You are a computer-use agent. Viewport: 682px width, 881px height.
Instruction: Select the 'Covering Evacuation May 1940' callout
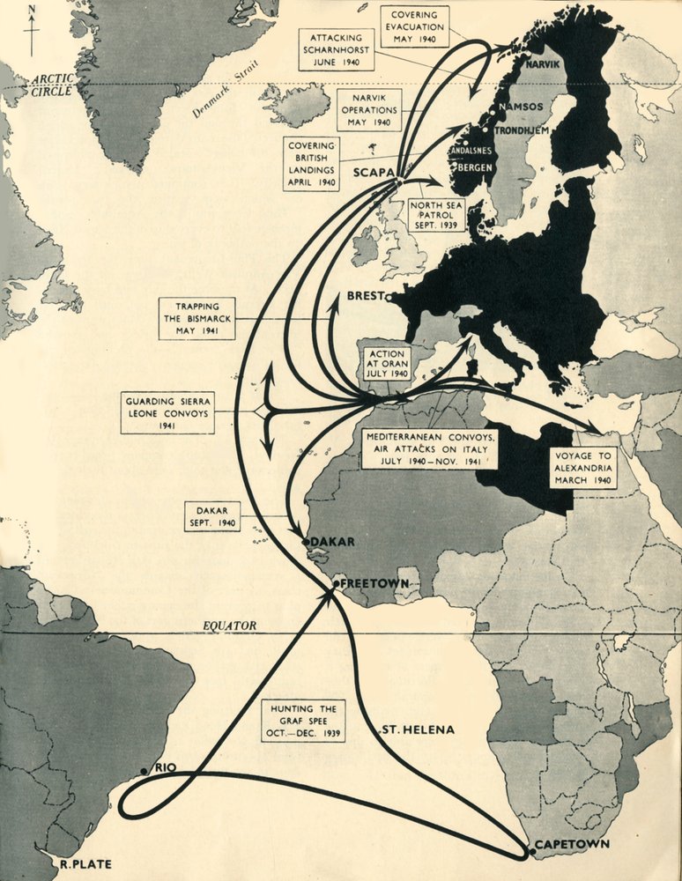[x=415, y=26]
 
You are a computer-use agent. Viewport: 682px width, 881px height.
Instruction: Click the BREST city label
[x=367, y=298]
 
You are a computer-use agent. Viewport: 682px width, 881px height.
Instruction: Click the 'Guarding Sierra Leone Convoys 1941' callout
[x=168, y=412]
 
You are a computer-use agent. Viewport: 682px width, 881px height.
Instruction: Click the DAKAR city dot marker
[x=305, y=543]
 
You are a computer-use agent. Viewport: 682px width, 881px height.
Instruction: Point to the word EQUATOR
[x=229, y=626]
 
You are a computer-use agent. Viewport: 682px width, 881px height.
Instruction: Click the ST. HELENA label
[x=418, y=730]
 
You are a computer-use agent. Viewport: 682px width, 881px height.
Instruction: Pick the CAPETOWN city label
[x=572, y=844]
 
